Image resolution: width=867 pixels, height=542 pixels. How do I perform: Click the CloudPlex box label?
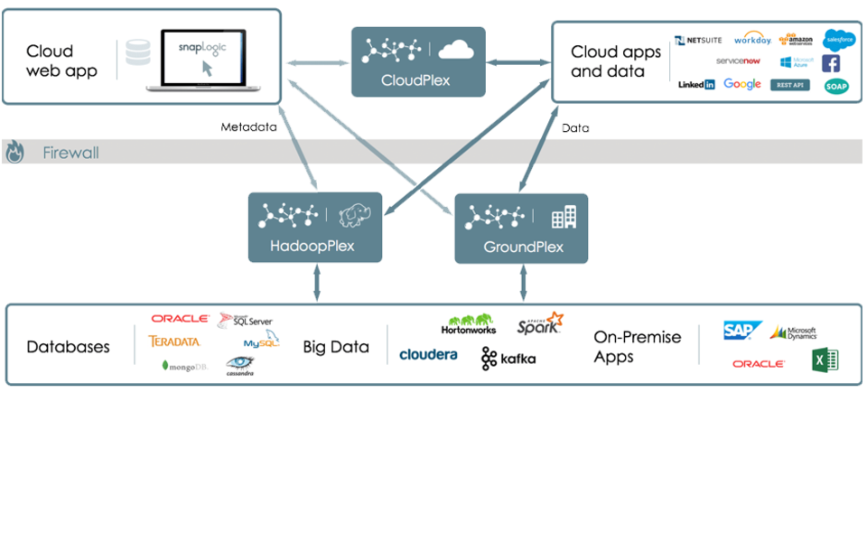point(415,80)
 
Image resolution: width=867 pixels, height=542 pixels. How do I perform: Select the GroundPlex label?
point(523,247)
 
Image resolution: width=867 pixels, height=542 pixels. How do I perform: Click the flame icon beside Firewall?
point(14,153)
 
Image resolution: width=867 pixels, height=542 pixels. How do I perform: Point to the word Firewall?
point(70,153)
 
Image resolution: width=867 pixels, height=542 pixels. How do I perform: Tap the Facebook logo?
point(830,63)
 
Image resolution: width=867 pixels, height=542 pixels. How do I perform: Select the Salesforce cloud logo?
point(839,38)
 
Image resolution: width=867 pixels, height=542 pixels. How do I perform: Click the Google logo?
point(742,85)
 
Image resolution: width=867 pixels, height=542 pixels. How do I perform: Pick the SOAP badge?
point(836,86)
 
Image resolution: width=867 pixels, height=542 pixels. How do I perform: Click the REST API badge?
point(789,85)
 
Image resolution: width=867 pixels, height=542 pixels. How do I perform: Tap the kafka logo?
point(508,359)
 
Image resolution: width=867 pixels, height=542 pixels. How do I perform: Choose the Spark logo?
point(540,325)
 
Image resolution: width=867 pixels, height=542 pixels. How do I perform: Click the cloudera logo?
point(428,355)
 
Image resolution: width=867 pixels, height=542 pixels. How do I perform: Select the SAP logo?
point(742,331)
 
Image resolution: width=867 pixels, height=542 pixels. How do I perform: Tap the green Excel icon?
point(825,360)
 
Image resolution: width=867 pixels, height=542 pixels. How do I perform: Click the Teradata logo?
point(174,341)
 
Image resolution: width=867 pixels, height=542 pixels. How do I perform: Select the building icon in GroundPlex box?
point(564,216)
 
